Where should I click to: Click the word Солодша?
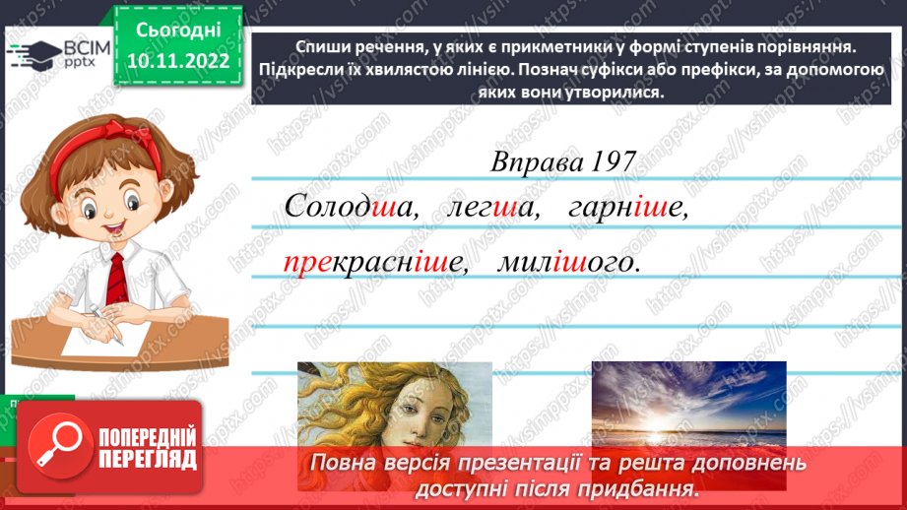(x=345, y=207)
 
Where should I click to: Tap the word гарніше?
(x=625, y=207)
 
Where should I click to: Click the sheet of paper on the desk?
(x=94, y=336)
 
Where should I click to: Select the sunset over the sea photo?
(x=688, y=404)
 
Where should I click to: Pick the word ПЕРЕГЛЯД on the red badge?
(x=148, y=459)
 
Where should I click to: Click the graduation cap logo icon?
(x=28, y=54)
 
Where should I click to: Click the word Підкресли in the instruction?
(x=295, y=69)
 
